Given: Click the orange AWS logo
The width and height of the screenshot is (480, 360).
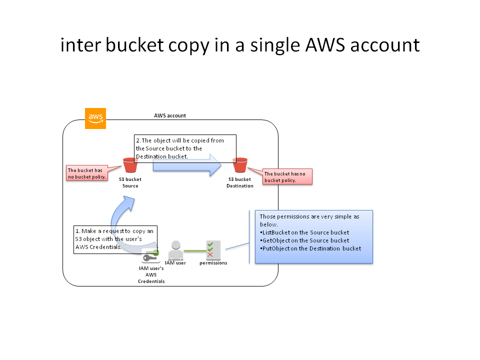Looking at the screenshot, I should click(x=95, y=118).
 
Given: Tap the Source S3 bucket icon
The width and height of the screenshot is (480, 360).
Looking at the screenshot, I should click(x=130, y=165).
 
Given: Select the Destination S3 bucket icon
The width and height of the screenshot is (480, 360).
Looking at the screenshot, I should click(x=240, y=165).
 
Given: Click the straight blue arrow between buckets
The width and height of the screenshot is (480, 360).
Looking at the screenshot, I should click(x=186, y=164).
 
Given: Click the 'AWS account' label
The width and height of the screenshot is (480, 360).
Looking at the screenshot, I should click(x=170, y=115).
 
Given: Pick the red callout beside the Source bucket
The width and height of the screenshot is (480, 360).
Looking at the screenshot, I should click(x=87, y=173).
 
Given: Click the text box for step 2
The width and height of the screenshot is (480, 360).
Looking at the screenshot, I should click(x=185, y=148).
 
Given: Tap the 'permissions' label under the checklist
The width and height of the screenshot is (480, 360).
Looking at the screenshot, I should click(x=213, y=263).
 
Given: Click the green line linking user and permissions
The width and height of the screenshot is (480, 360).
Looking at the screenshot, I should click(x=194, y=250).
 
